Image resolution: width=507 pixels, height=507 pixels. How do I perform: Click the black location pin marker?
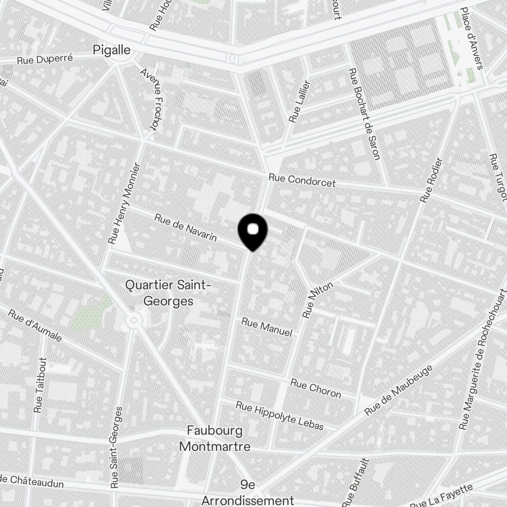click(x=252, y=231)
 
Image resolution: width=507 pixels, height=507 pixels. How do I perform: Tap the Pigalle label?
click(x=112, y=50)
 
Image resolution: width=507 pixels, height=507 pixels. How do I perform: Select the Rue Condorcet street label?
click(x=302, y=180)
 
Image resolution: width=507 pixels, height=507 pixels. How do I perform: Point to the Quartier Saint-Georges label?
click(x=168, y=293)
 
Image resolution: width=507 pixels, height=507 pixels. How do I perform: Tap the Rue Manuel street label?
click(x=267, y=327)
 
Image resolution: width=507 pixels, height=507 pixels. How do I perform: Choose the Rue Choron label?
click(x=315, y=388)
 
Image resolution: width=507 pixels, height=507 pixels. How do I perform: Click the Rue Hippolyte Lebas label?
click(x=279, y=415)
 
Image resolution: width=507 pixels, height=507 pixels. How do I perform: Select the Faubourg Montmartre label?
click(x=215, y=439)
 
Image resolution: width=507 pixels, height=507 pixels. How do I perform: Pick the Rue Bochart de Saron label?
click(x=365, y=114)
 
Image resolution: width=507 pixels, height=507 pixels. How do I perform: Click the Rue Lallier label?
click(x=299, y=102)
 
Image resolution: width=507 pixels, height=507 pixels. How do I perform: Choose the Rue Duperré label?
click(x=45, y=59)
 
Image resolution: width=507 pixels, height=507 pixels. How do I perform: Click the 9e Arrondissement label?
click(x=248, y=493)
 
